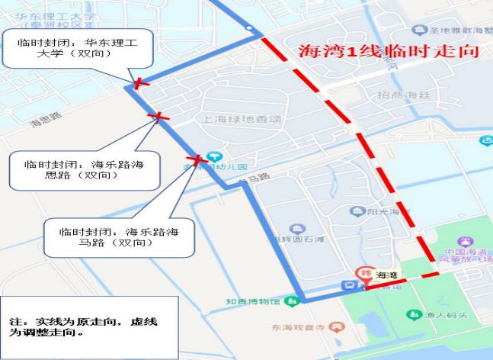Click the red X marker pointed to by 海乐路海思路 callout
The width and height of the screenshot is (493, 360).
(x=159, y=117)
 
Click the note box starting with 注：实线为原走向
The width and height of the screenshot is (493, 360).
(x=89, y=327)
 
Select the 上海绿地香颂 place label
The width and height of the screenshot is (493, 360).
(x=238, y=119)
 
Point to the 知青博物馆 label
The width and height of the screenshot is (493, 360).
(x=251, y=301)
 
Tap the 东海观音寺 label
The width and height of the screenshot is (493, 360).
(x=300, y=327)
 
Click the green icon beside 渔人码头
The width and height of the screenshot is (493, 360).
(x=413, y=313)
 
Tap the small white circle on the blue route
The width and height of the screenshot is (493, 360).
(x=249, y=29)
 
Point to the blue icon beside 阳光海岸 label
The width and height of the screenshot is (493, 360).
(x=356, y=211)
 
